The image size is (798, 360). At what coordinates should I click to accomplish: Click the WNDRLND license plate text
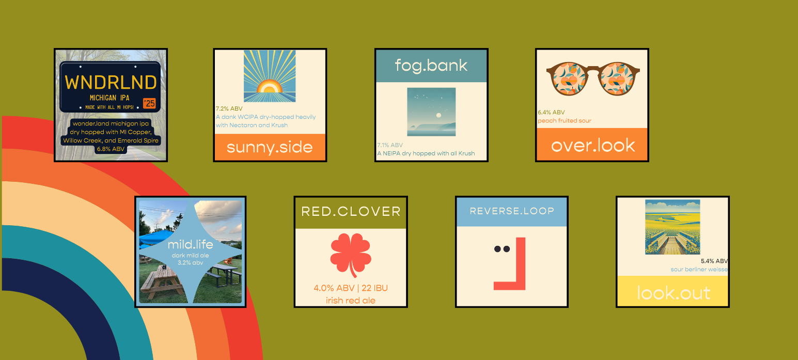tap(111, 82)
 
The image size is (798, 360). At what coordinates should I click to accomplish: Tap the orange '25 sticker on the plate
tap(149, 103)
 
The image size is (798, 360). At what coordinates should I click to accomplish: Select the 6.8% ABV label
tap(111, 149)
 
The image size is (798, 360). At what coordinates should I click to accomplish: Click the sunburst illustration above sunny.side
tap(270, 76)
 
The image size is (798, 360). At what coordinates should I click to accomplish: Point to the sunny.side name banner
tap(270, 147)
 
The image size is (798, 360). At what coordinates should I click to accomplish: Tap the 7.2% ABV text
tap(229, 108)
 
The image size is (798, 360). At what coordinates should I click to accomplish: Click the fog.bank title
tap(431, 66)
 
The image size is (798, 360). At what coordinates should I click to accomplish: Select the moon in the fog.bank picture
tap(439, 115)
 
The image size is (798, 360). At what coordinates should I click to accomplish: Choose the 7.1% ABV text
tap(390, 145)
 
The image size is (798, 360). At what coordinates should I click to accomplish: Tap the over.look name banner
tap(592, 144)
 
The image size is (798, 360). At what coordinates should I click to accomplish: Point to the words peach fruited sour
tap(565, 121)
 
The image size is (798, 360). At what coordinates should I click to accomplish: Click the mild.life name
tap(190, 244)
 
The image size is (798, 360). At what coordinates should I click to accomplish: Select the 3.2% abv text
tap(190, 263)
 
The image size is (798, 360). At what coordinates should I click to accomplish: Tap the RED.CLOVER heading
tap(351, 212)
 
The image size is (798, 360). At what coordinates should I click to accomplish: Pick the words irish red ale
tap(351, 301)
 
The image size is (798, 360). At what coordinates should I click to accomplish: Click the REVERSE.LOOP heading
tap(512, 211)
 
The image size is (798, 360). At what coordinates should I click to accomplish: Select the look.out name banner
tap(673, 291)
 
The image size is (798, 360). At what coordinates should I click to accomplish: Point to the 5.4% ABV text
tap(714, 261)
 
